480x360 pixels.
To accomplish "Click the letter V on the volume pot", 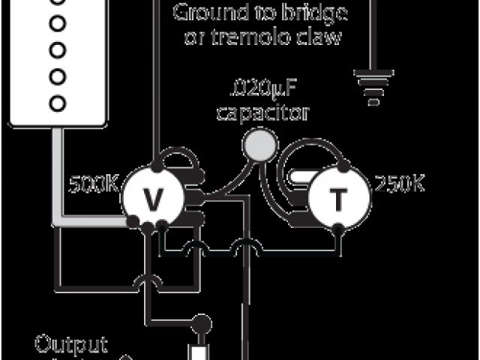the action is [x=153, y=199].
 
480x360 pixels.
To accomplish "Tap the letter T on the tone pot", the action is [x=340, y=200].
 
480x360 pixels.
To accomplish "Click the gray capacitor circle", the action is [x=259, y=143].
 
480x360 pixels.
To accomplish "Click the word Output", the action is [x=72, y=345].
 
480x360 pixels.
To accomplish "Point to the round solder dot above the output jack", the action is [x=200, y=325].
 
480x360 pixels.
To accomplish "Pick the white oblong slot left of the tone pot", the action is [x=298, y=178].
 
